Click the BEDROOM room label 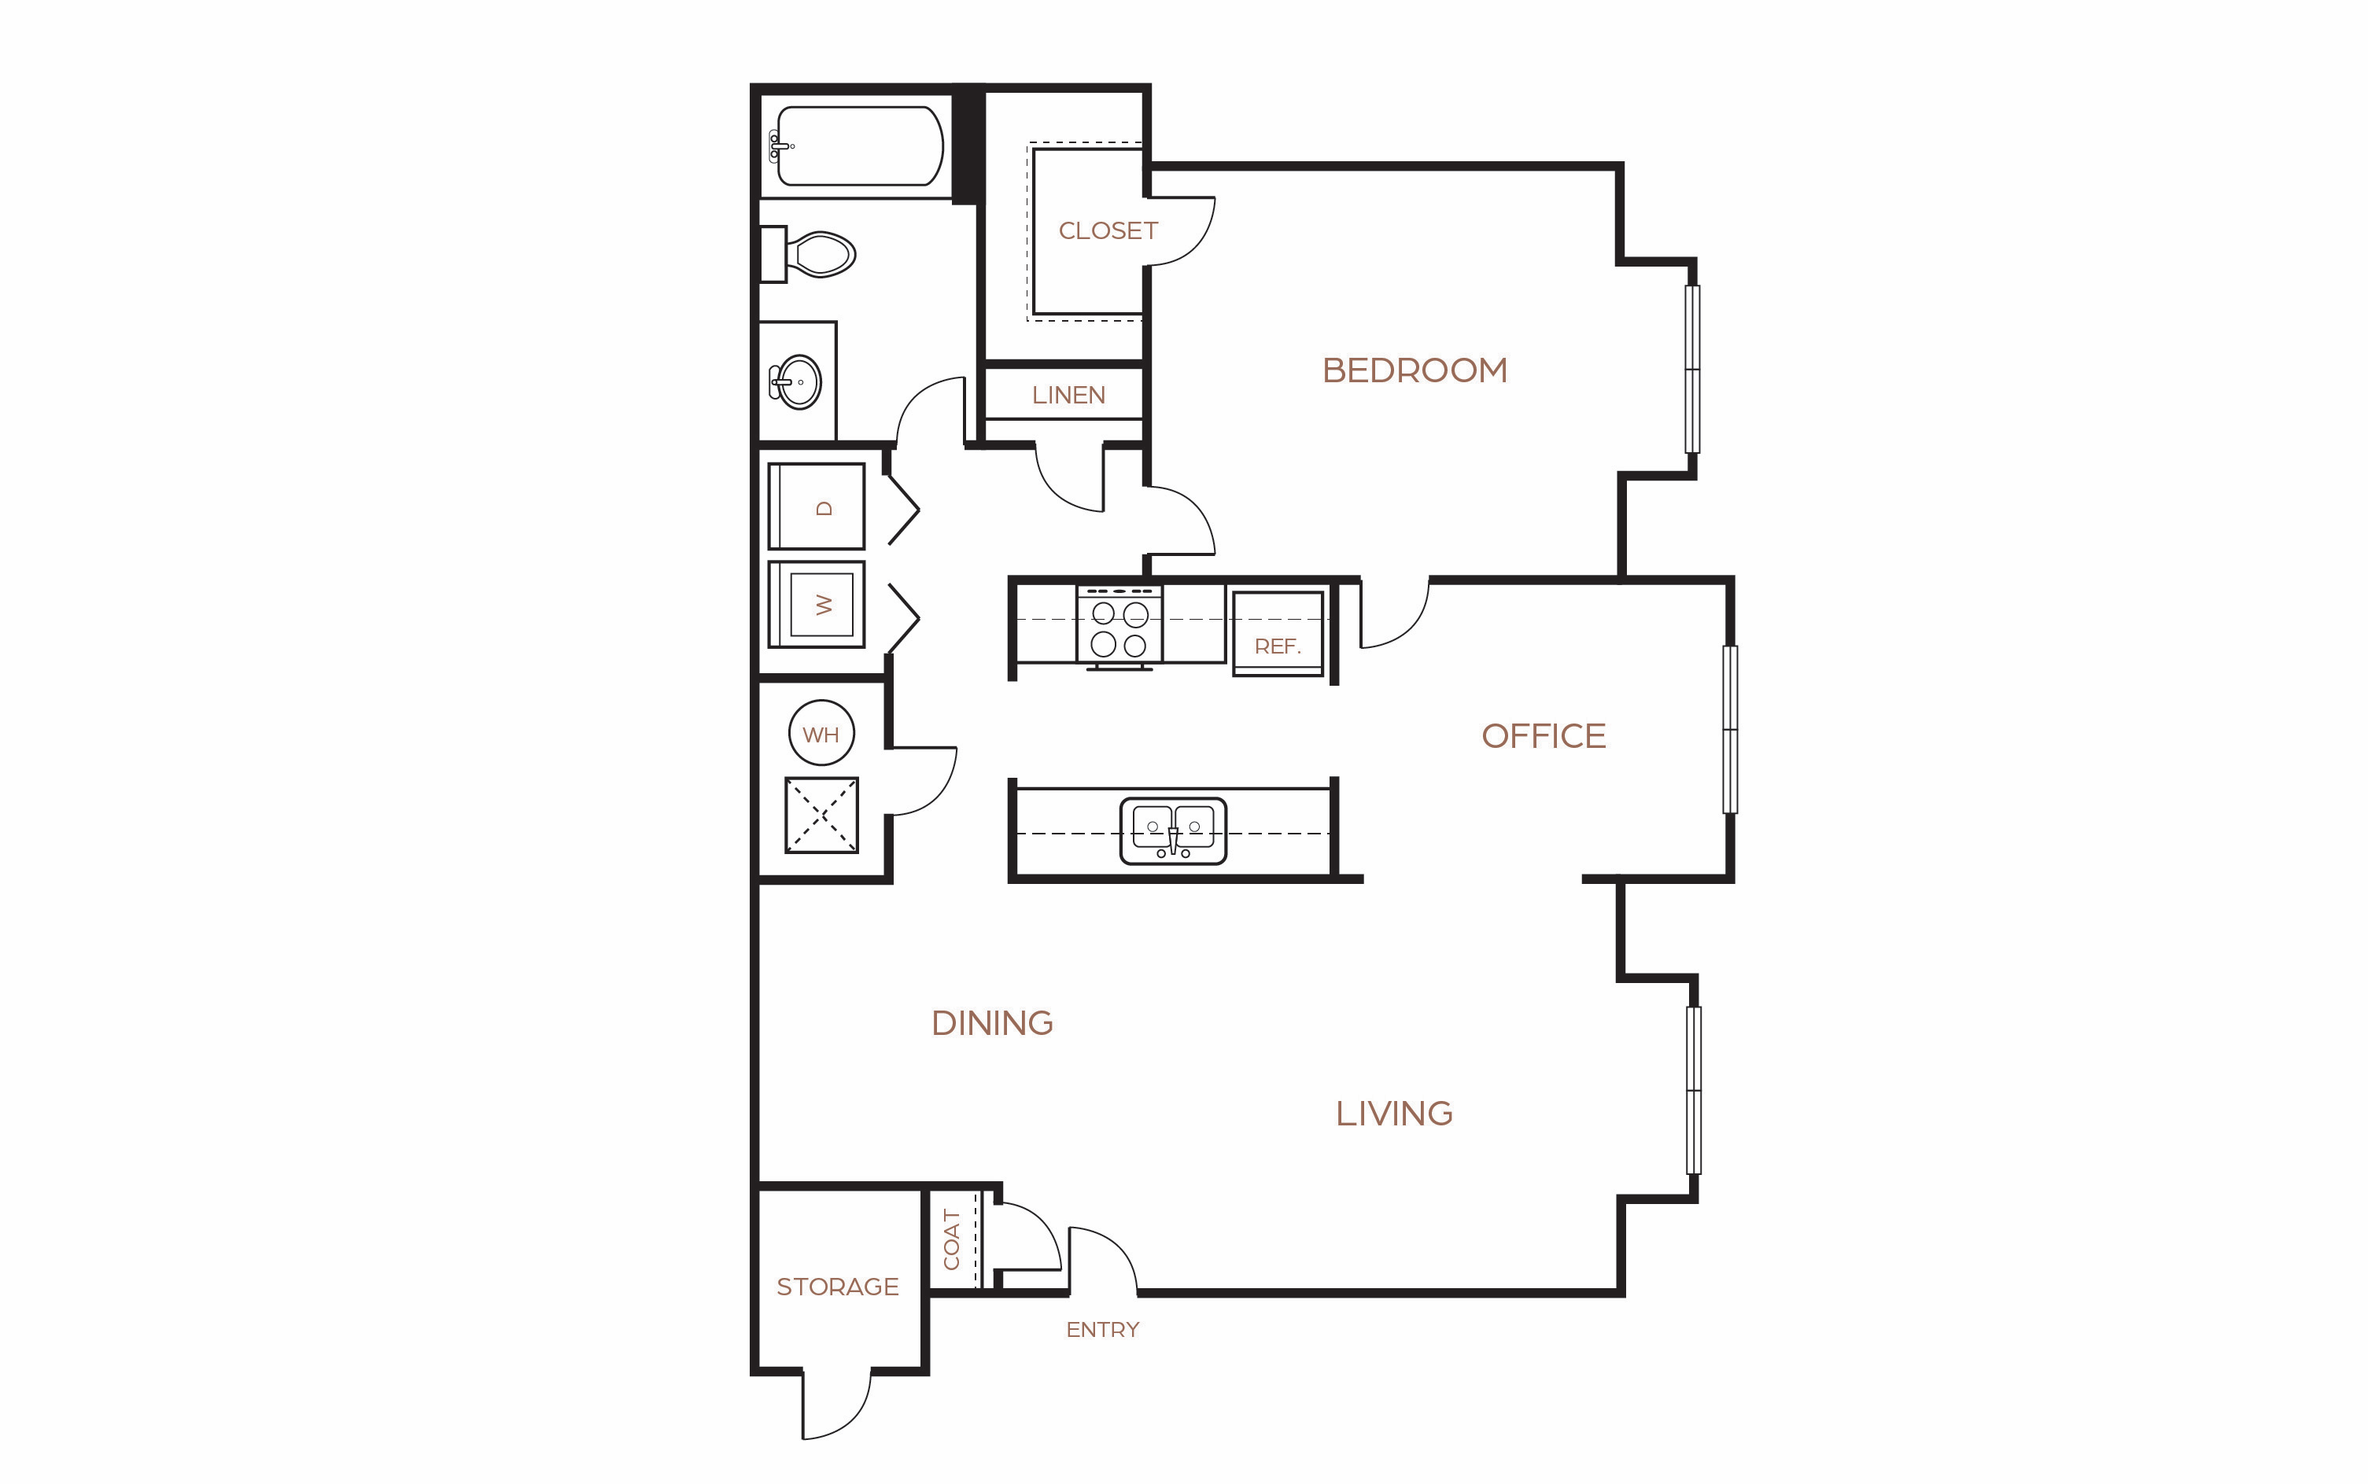(x=1414, y=370)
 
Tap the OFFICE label (x=1544, y=736)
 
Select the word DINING (x=991, y=1022)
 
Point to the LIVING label (x=1394, y=1113)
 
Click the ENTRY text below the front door (x=1102, y=1330)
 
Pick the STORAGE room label (x=837, y=1287)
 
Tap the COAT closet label (x=950, y=1239)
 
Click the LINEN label (x=1068, y=396)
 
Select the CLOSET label (x=1108, y=230)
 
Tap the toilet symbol (x=808, y=254)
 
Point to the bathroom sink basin (x=797, y=381)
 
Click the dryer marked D (x=816, y=506)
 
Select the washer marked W (x=816, y=605)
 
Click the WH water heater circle (x=821, y=733)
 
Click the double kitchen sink (x=1173, y=830)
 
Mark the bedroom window (x=1691, y=369)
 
